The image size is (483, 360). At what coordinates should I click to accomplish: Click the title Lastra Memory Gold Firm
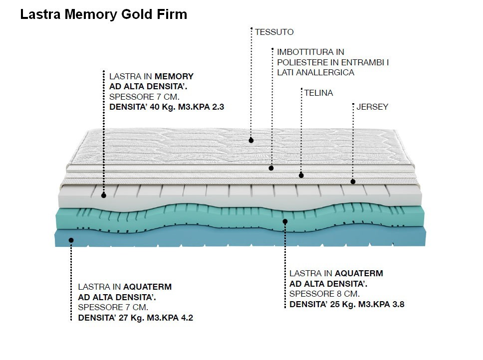click(103, 14)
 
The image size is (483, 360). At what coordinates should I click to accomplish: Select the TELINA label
click(318, 93)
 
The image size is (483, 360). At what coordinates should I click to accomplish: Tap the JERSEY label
click(372, 107)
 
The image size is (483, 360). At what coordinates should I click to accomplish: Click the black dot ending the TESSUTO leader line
click(251, 141)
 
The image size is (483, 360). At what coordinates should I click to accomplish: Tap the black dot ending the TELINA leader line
click(301, 175)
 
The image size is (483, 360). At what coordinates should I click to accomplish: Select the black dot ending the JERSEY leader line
click(353, 181)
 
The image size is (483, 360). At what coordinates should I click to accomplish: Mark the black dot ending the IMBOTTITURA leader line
click(271, 168)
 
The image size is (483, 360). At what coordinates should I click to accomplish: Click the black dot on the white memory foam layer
click(104, 195)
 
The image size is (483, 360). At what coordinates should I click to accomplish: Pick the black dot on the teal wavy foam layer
click(285, 221)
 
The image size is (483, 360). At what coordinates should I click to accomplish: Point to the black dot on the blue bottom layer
click(71, 240)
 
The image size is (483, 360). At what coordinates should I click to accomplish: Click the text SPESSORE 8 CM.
click(324, 294)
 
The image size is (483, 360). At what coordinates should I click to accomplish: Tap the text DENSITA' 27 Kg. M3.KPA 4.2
click(135, 318)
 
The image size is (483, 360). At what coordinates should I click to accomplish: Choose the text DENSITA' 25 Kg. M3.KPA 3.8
click(347, 304)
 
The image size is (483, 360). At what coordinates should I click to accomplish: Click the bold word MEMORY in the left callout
click(174, 76)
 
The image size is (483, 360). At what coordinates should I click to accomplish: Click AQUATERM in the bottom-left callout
click(147, 287)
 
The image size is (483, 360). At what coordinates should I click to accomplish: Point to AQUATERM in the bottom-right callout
click(359, 273)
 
